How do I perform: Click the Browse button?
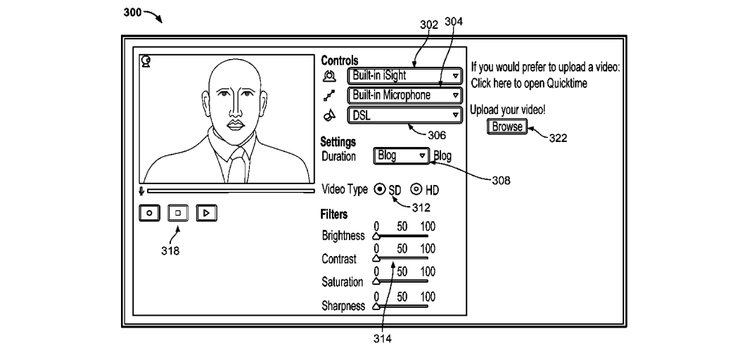coord(506,127)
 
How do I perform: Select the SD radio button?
coord(380,189)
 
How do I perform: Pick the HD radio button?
coord(416,189)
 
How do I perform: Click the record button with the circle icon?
coord(150,212)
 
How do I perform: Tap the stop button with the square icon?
coord(178,212)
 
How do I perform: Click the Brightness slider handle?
coord(376,237)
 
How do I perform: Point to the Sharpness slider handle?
coord(376,307)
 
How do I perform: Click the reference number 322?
coord(558,138)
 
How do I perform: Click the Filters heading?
coord(334,214)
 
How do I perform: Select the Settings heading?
coord(338,143)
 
